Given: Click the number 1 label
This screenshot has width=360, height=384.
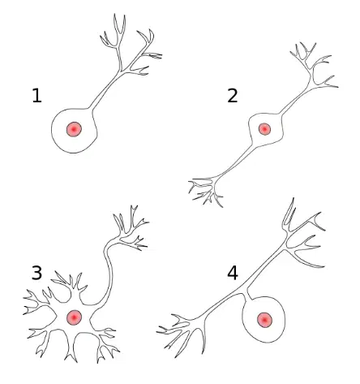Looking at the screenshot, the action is tap(37, 96).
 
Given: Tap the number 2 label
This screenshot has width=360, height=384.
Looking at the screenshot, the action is tap(233, 96).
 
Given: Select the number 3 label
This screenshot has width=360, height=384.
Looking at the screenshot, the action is tap(37, 273).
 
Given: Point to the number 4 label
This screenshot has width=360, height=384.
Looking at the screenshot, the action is tap(233, 273).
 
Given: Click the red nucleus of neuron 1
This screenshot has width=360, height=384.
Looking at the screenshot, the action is tap(74, 129).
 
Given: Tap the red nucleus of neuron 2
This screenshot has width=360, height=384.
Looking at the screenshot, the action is tap(264, 129).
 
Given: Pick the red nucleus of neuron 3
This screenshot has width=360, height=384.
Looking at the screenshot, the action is tap(74, 317).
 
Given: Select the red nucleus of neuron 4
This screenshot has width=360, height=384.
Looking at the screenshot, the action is tap(264, 320).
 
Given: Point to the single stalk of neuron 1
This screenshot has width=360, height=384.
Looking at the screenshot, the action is tap(105, 90).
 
